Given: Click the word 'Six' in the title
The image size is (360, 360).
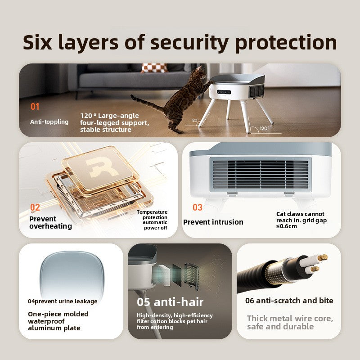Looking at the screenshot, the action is tap(37, 42).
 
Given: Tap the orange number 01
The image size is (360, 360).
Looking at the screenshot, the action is tap(35, 107).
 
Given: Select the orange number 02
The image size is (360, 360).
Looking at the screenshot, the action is tap(35, 207).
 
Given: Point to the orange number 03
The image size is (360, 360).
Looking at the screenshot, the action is tap(198, 207).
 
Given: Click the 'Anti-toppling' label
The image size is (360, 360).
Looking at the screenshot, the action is tap(49, 121).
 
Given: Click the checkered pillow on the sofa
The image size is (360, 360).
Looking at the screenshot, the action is tap(154, 68).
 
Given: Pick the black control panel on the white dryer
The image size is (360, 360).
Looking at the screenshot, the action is tap(224, 92).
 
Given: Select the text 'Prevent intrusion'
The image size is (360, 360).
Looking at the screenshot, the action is tap(213, 222).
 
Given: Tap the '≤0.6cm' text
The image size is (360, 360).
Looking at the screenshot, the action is tap(287, 226).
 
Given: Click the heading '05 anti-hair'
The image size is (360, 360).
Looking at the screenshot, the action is tap(170, 301).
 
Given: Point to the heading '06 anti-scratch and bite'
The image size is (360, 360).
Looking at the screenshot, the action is tap(289, 301).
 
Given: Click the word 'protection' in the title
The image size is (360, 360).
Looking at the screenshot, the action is tap(286, 43).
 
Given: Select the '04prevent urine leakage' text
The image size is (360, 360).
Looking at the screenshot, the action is tap(63, 301).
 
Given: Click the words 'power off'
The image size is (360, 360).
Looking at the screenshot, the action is tap(155, 228).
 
